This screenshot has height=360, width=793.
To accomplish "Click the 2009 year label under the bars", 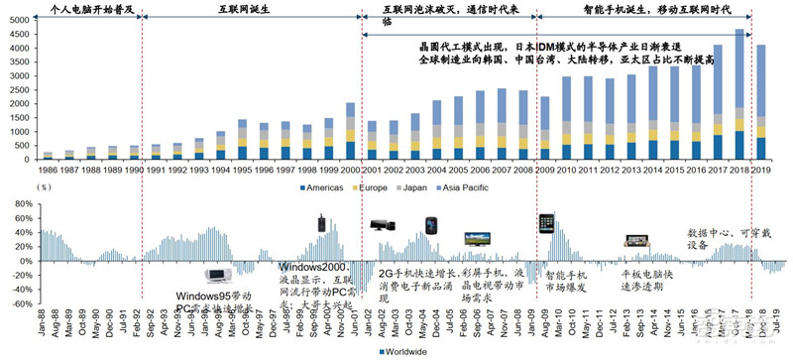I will click(543, 170).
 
